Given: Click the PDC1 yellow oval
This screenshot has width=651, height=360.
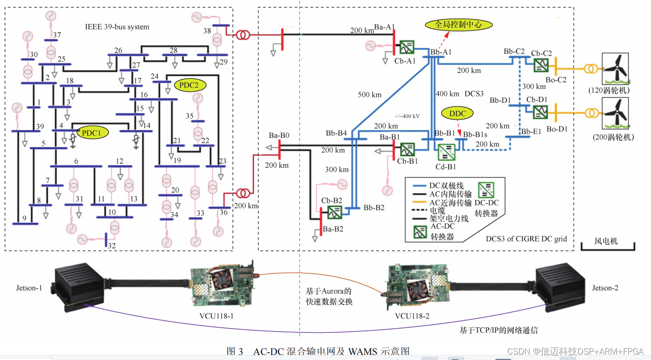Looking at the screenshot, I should click(92, 133).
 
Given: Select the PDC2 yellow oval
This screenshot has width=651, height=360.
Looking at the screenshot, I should click(189, 85).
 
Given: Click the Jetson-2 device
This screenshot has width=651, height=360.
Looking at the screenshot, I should click(559, 286).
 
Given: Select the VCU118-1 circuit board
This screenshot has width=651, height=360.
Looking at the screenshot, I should click(221, 287).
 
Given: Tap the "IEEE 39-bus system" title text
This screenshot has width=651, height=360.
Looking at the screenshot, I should click(118, 27).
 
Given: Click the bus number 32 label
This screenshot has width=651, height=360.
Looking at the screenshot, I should click(112, 246).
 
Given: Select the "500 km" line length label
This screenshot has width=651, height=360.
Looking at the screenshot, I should click(370, 95).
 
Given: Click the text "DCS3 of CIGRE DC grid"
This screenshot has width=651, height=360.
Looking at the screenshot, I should click(526, 238).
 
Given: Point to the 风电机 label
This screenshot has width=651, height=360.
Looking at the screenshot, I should click(606, 241).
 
